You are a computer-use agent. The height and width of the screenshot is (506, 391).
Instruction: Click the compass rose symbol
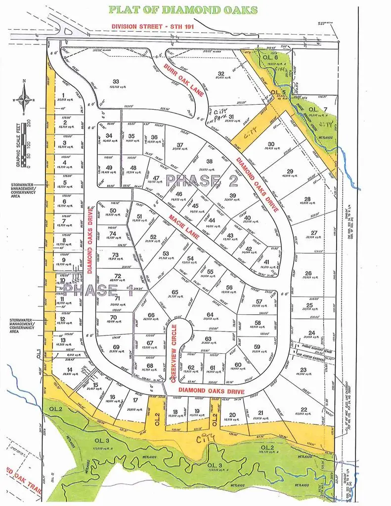pos(23,101)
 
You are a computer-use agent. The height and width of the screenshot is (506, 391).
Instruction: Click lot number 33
pos(116,82)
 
